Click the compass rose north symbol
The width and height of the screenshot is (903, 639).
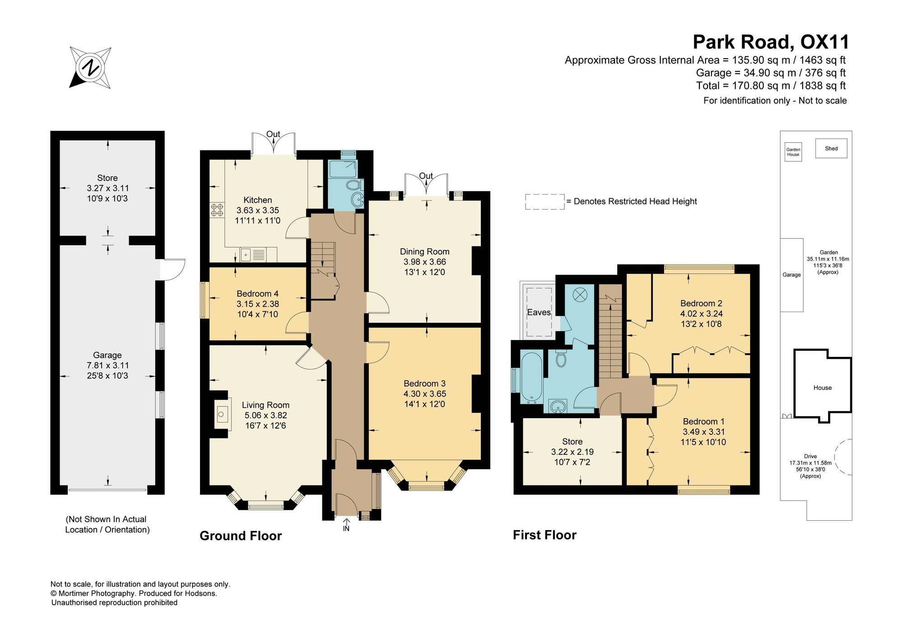pos(90,67)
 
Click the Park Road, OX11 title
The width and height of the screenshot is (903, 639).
pos(771,42)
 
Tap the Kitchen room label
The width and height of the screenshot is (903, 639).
pos(258,200)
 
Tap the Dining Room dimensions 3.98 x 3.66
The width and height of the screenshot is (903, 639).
pos(425,262)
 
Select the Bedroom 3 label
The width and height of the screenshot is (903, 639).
pos(425,383)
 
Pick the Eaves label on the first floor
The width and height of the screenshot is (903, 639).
pos(539,312)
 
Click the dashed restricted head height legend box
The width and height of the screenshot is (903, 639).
pos(545,202)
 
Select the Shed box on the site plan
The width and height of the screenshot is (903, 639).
pos(831,148)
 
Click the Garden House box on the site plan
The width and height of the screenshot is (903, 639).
pos(793,152)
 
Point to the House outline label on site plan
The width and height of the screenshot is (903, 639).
pos(823,387)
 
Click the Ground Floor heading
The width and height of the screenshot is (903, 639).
pos(241,536)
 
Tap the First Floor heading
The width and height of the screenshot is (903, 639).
pos(545,535)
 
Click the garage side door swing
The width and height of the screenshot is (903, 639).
pos(173,270)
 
